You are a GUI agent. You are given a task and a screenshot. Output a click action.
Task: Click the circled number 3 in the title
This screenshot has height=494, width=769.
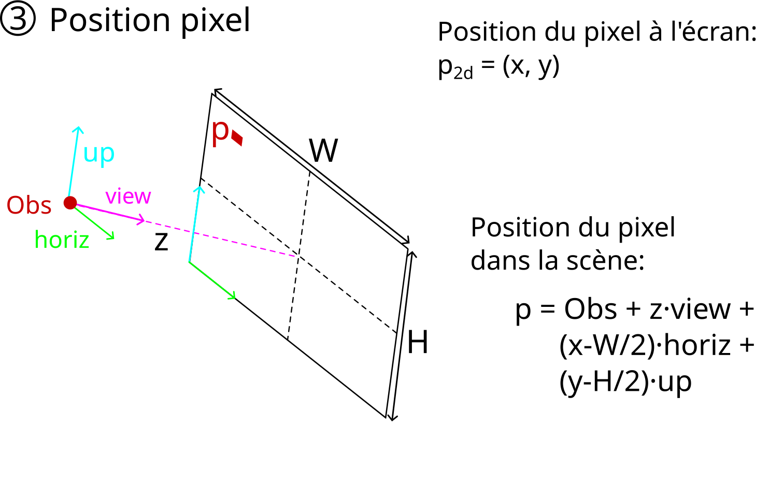click(x=18, y=21)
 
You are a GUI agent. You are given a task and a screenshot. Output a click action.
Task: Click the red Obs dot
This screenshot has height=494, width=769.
click(x=70, y=203)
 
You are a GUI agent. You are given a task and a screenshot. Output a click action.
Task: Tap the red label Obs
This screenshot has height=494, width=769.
click(x=29, y=205)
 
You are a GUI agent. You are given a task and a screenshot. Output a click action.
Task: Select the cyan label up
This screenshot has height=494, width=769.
click(x=98, y=153)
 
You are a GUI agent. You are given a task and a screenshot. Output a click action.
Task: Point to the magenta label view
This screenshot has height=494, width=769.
click(x=128, y=196)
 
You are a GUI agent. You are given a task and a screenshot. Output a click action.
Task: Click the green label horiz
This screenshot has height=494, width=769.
click(x=62, y=240)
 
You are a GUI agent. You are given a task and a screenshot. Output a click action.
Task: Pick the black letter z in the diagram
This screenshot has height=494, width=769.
click(x=162, y=242)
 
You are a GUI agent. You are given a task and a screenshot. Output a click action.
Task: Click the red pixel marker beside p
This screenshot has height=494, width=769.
click(x=237, y=138)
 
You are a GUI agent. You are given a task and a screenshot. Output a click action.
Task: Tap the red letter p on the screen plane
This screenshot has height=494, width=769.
click(x=220, y=132)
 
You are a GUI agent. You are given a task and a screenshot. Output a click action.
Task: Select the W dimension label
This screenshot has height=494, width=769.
click(x=323, y=151)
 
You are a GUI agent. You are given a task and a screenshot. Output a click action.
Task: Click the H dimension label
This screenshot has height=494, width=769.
click(x=418, y=343)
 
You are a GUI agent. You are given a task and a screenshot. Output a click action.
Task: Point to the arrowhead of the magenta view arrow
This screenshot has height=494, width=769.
click(x=141, y=221)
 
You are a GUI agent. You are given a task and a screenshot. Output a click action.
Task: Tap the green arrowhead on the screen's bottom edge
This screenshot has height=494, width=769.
click(x=233, y=296)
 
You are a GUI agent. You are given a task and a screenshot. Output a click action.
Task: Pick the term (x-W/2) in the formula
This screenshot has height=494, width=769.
click(x=608, y=345)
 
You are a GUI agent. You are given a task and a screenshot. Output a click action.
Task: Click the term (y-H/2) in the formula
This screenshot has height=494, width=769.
click(x=604, y=382)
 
